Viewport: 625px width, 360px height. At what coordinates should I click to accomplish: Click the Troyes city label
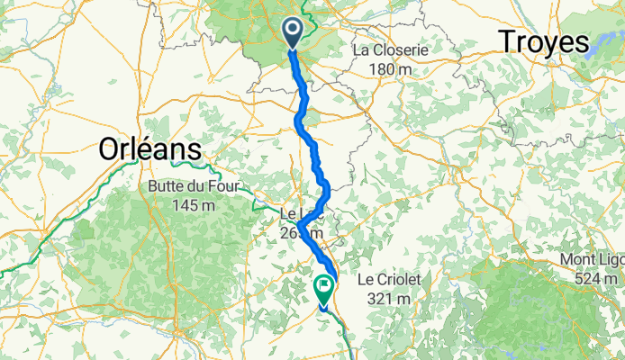click(543, 42)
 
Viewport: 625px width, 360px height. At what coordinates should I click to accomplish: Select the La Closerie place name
click(391, 50)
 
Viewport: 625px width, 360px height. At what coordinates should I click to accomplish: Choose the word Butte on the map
click(156, 187)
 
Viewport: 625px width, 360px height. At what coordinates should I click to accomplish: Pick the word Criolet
click(403, 280)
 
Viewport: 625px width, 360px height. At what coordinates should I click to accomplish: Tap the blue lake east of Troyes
click(602, 45)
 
